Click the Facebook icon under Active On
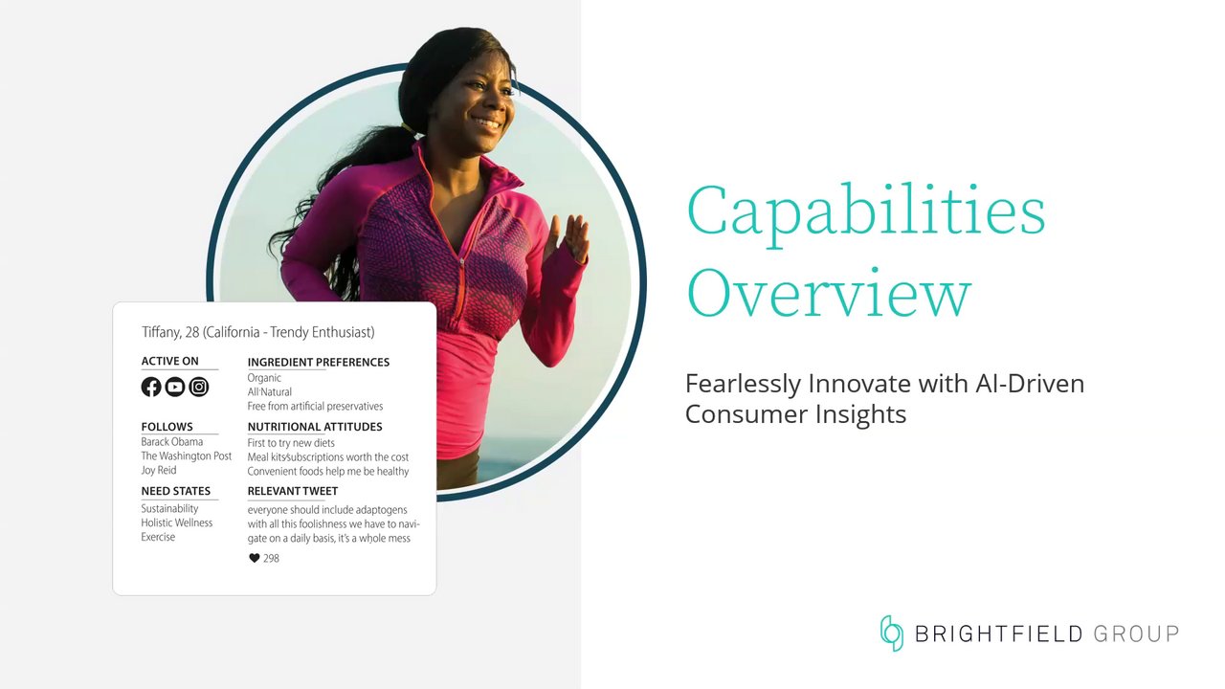pos(151,388)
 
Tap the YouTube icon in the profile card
pos(175,388)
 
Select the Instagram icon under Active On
pos(199,388)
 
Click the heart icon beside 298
pos(255,558)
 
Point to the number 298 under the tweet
pos(271,558)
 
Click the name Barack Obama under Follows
pos(171,442)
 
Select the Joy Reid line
pos(159,470)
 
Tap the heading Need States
pos(175,491)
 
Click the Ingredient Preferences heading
pos(319,362)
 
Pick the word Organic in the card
pos(264,378)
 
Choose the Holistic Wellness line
pos(177,522)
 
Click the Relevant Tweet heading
pos(293,491)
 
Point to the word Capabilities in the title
pos(866,213)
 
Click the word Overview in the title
pos(829,294)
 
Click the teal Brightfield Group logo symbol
pos(891,633)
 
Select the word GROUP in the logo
pos(1136,634)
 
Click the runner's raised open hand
pos(570,239)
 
